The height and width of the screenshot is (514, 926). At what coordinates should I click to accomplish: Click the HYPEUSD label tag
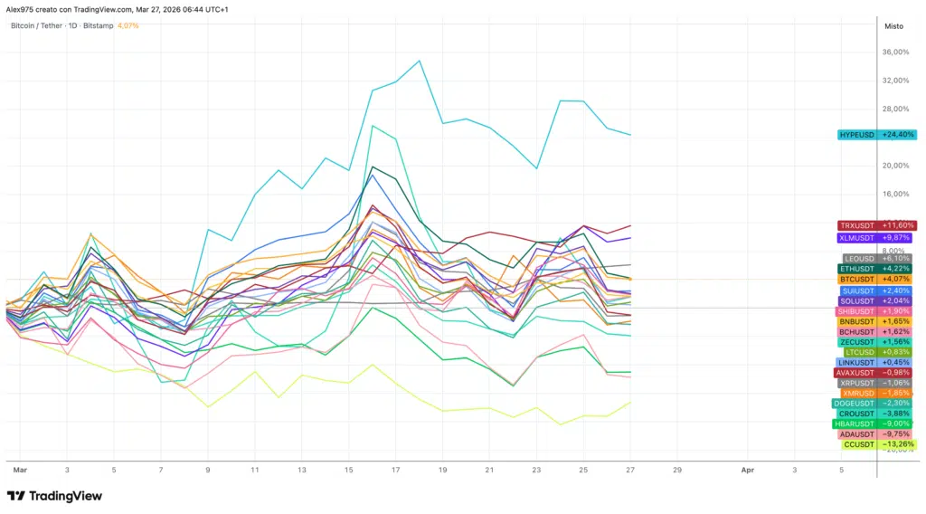pos(876,135)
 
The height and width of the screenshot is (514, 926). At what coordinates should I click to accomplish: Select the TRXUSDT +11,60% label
pos(876,225)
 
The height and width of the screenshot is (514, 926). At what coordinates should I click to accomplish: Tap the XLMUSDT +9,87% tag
pos(876,238)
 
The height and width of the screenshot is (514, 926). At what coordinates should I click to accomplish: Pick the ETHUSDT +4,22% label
pos(876,269)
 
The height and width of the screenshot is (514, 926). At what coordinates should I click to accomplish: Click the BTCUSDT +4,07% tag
pos(876,280)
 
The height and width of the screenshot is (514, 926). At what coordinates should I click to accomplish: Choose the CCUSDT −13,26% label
pos(876,444)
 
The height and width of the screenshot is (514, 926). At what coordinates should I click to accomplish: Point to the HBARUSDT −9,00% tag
pos(876,424)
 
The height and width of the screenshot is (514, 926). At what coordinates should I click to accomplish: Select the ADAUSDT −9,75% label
pos(876,434)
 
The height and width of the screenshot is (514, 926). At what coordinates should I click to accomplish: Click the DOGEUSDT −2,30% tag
pos(876,404)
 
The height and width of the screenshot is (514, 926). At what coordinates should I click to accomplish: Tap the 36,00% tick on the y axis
pos(895,52)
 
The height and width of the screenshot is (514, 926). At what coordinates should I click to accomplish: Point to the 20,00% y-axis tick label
pos(895,166)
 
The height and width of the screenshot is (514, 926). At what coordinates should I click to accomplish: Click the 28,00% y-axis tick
pos(895,109)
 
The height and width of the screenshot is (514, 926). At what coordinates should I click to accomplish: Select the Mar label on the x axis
pos(19,471)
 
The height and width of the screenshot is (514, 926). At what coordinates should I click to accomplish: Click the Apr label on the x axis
pos(748,471)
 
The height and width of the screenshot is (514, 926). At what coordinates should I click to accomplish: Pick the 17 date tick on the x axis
pos(396,471)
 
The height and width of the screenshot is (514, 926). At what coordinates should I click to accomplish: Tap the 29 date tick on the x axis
pos(677,471)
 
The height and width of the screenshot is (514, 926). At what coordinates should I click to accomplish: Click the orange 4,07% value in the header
pos(128,25)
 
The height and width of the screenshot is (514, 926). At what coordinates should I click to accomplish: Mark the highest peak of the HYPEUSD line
pos(420,62)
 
